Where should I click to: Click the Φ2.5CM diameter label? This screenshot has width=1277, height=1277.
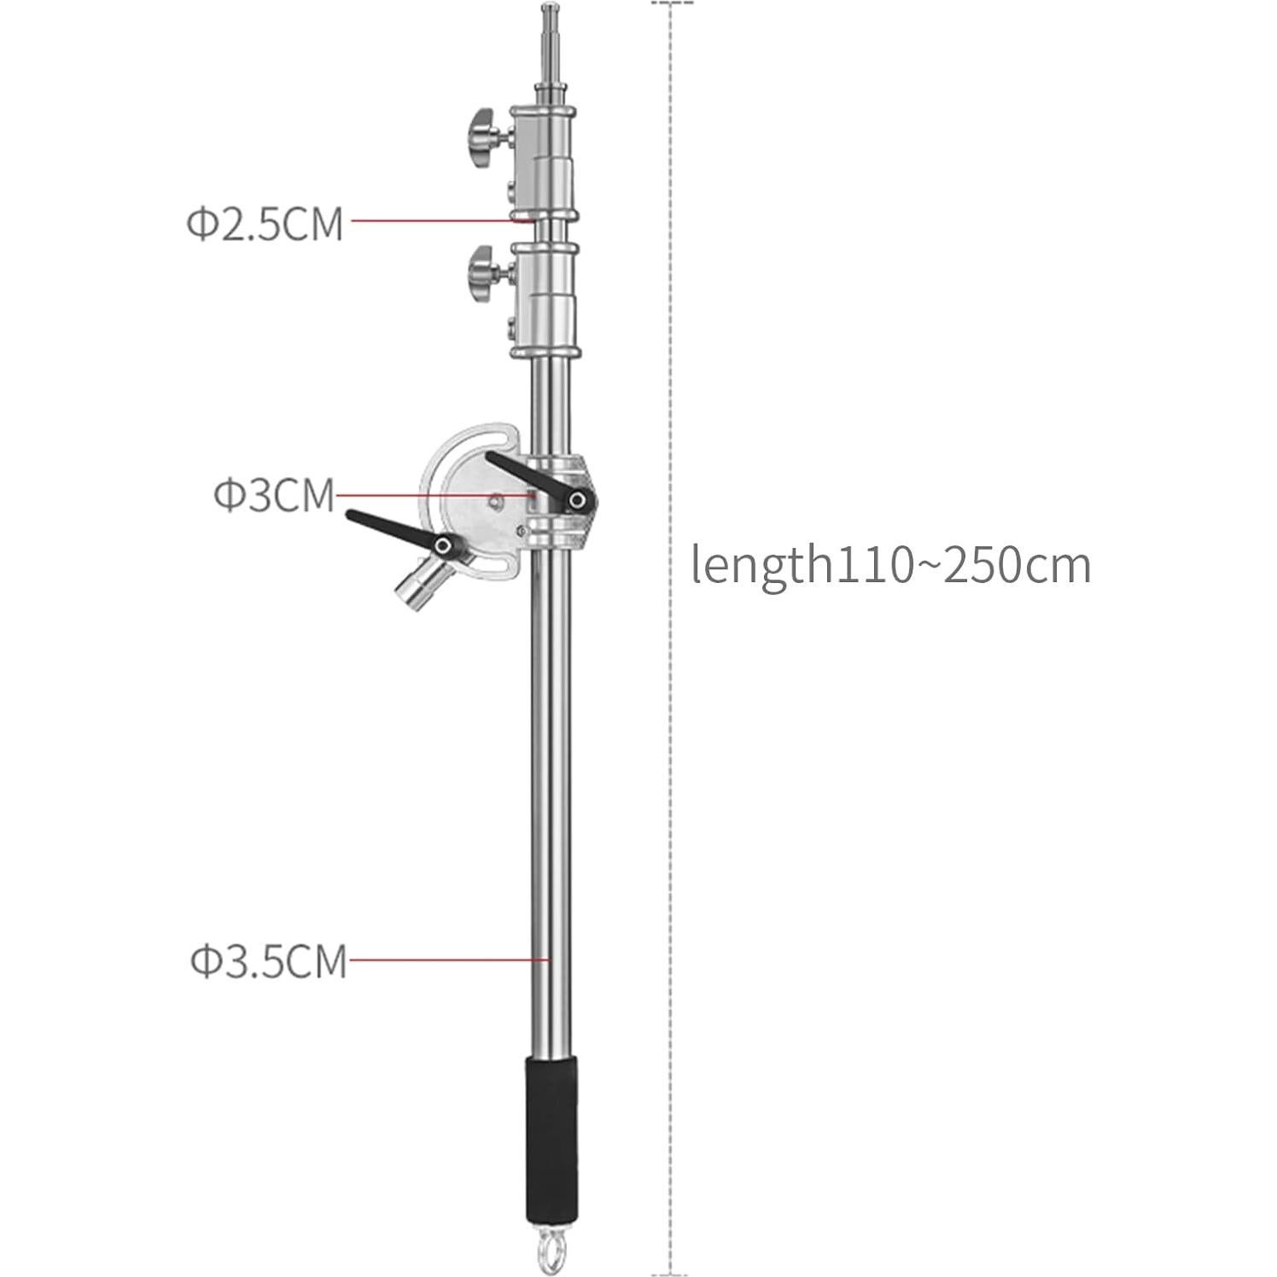[265, 224]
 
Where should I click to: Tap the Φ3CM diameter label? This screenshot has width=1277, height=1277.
[274, 495]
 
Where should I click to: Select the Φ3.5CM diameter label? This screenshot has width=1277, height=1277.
[269, 961]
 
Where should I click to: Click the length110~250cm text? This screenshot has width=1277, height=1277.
[891, 565]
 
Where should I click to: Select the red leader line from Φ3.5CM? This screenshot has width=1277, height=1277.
[448, 959]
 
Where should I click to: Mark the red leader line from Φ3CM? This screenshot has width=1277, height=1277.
[431, 494]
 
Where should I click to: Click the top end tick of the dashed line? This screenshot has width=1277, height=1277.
[673, 3]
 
